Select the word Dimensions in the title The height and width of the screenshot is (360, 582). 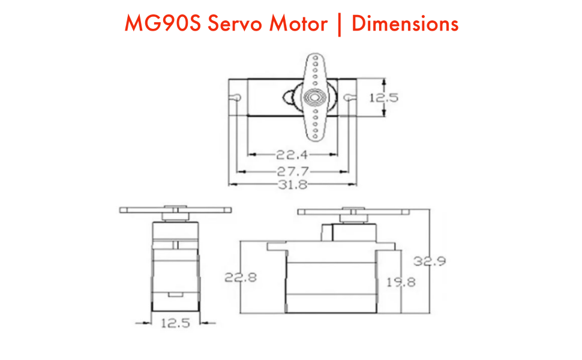405,24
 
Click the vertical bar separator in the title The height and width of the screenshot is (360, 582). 340,24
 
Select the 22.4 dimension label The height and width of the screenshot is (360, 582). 292,154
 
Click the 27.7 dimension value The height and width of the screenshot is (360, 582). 292,170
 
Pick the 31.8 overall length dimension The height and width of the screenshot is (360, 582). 292,185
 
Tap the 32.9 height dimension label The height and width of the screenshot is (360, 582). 429,262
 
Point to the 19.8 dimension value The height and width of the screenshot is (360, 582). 400,281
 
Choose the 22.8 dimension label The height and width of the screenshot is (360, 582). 241,278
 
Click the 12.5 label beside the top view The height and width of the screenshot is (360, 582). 383,97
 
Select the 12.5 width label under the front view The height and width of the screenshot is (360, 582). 175,323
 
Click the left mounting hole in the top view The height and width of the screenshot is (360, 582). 237,97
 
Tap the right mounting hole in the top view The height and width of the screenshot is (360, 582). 350,97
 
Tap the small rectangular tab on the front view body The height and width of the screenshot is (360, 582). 175,294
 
